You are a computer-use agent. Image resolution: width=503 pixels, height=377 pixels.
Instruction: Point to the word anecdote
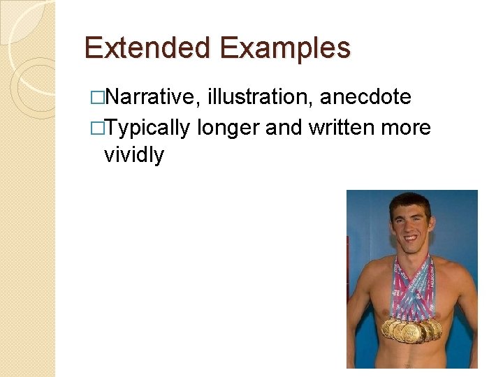point(365,97)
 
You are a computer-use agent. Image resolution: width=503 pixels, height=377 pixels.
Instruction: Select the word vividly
point(134,155)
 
